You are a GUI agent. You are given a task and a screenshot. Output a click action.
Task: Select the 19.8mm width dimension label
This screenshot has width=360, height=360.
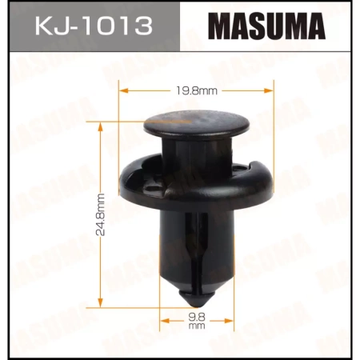coord(180,91)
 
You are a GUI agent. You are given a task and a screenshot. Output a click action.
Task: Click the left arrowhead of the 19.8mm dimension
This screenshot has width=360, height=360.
coord(122,91)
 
